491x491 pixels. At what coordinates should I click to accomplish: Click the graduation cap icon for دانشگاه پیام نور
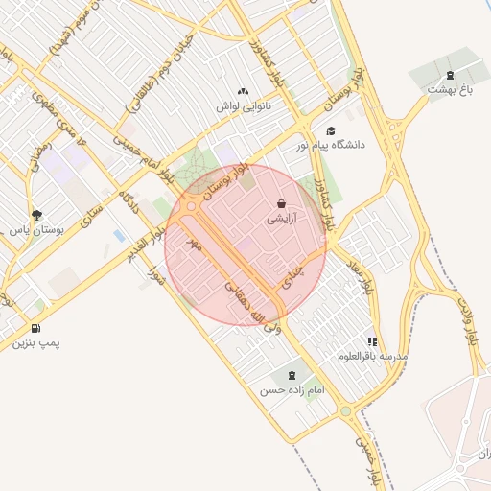click(331, 131)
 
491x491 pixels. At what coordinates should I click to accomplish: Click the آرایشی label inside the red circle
click(281, 218)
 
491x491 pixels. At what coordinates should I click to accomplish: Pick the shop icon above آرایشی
click(280, 203)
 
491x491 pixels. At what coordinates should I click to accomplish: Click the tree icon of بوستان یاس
click(36, 216)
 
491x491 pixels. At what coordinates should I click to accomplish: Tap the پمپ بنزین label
click(35, 342)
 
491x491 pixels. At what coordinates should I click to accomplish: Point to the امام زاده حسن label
click(292, 391)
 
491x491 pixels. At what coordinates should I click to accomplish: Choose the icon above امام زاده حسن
click(292, 377)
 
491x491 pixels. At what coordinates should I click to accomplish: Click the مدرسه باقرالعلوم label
click(373, 357)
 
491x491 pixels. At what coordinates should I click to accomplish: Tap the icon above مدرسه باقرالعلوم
click(371, 341)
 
